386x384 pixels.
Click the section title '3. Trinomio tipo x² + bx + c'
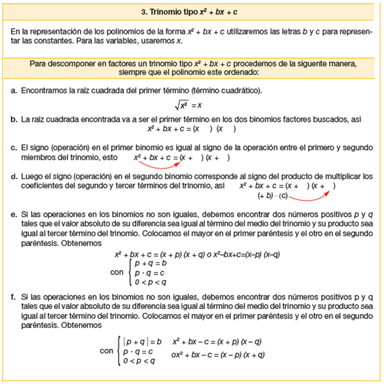(192, 11)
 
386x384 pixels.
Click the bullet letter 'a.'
(14, 90)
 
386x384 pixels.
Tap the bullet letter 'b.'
(14, 119)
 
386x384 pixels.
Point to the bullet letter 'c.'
(14, 147)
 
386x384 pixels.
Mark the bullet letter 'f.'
(14, 297)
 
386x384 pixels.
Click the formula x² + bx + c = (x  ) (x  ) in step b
(192, 128)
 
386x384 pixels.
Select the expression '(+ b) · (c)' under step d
(273, 196)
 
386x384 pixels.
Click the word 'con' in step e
(116, 273)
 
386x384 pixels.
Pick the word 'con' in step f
(106, 352)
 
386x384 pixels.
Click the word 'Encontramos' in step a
(45, 90)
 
